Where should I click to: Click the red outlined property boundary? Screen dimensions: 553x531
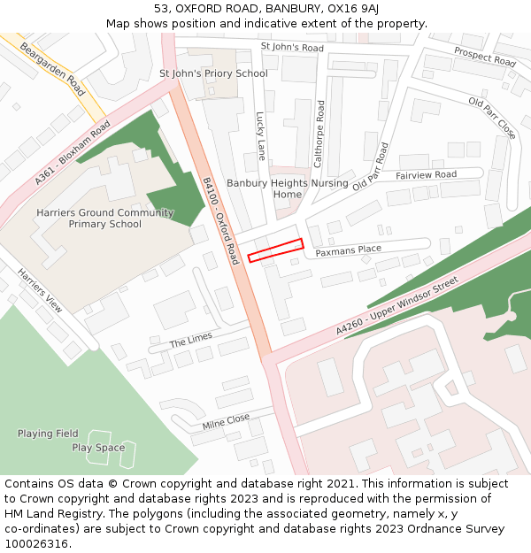pos(275,250)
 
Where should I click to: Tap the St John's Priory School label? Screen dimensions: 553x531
pos(213,73)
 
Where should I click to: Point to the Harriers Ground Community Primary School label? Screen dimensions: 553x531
pos(105,219)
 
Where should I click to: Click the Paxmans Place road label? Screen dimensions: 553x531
pos(349,251)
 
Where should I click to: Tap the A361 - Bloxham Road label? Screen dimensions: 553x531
pos(73,153)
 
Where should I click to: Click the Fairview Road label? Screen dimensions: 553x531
pos(427,175)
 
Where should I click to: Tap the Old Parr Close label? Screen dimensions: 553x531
pos(492,118)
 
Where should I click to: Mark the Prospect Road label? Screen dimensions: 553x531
pos(485,57)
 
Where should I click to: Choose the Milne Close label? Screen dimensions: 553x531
pos(226,423)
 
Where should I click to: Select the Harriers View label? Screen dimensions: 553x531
pos(41,291)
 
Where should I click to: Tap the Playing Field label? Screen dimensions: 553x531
pos(48,434)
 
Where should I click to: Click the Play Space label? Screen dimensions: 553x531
pos(98,448)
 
